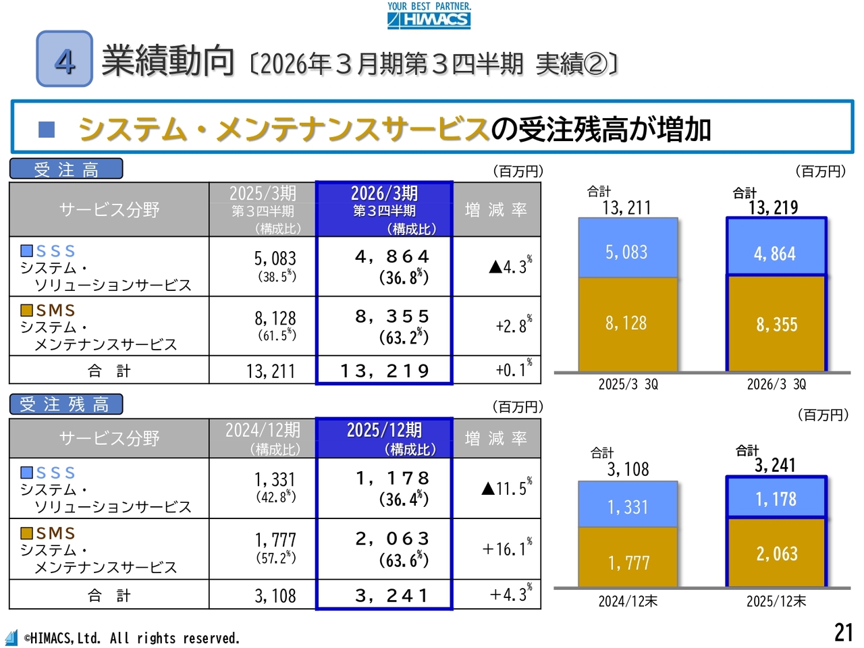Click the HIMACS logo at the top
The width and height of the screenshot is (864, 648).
pyautogui.click(x=429, y=16)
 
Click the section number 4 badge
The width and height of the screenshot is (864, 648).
pyautogui.click(x=65, y=59)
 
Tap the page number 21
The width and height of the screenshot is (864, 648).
pyautogui.click(x=844, y=632)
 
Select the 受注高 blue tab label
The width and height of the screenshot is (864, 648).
pyautogui.click(x=66, y=169)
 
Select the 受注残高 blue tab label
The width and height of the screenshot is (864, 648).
pyautogui.click(x=66, y=404)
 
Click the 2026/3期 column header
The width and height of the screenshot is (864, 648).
pyautogui.click(x=384, y=209)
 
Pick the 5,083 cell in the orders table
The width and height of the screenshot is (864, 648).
pyautogui.click(x=275, y=266)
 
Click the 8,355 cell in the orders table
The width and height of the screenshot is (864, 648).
pyautogui.click(x=392, y=325)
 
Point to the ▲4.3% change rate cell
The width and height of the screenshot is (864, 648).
pyautogui.click(x=510, y=266)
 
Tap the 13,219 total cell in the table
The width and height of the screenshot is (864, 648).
pyautogui.click(x=385, y=371)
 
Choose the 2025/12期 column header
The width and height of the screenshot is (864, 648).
pyautogui.click(x=384, y=438)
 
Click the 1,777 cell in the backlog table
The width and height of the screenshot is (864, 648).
pyautogui.click(x=275, y=547)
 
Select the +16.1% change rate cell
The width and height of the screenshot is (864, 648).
pyautogui.click(x=506, y=548)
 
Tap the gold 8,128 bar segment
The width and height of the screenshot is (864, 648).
pyautogui.click(x=627, y=324)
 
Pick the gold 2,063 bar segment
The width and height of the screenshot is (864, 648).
pyautogui.click(x=776, y=553)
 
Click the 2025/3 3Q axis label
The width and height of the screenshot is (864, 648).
pyautogui.click(x=628, y=385)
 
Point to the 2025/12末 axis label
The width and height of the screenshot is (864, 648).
pyautogui.click(x=776, y=601)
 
